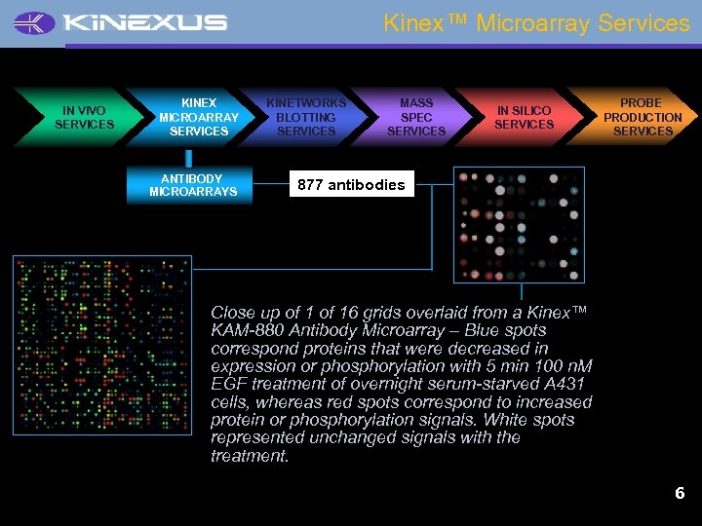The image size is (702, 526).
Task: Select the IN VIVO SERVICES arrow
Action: (x=84, y=118)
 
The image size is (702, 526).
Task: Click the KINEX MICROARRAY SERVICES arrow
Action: (x=198, y=117)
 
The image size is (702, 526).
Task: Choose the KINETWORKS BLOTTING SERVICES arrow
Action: (x=306, y=117)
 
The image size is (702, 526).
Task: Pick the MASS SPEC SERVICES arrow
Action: (x=416, y=117)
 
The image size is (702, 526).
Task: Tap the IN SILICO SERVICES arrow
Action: (x=524, y=118)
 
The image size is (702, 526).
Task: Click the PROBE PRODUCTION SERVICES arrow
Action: (x=642, y=117)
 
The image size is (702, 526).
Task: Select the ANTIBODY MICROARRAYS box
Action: (x=192, y=185)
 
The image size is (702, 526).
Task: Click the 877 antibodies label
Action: (x=351, y=184)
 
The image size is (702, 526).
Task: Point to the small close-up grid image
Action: (x=520, y=225)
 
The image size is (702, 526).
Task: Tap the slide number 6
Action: (x=680, y=493)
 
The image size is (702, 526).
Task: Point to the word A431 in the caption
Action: (x=565, y=384)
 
